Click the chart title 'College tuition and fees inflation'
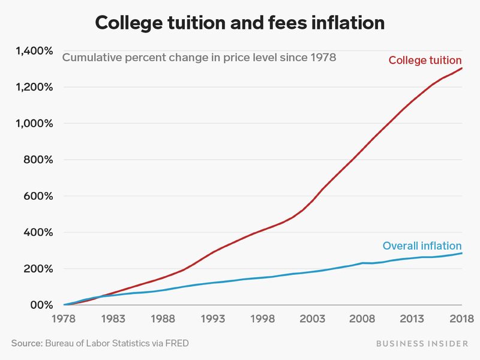tap(240, 23)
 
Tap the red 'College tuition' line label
tap(425, 60)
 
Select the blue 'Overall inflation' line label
tap(422, 246)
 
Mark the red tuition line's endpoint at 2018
tap(461, 68)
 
